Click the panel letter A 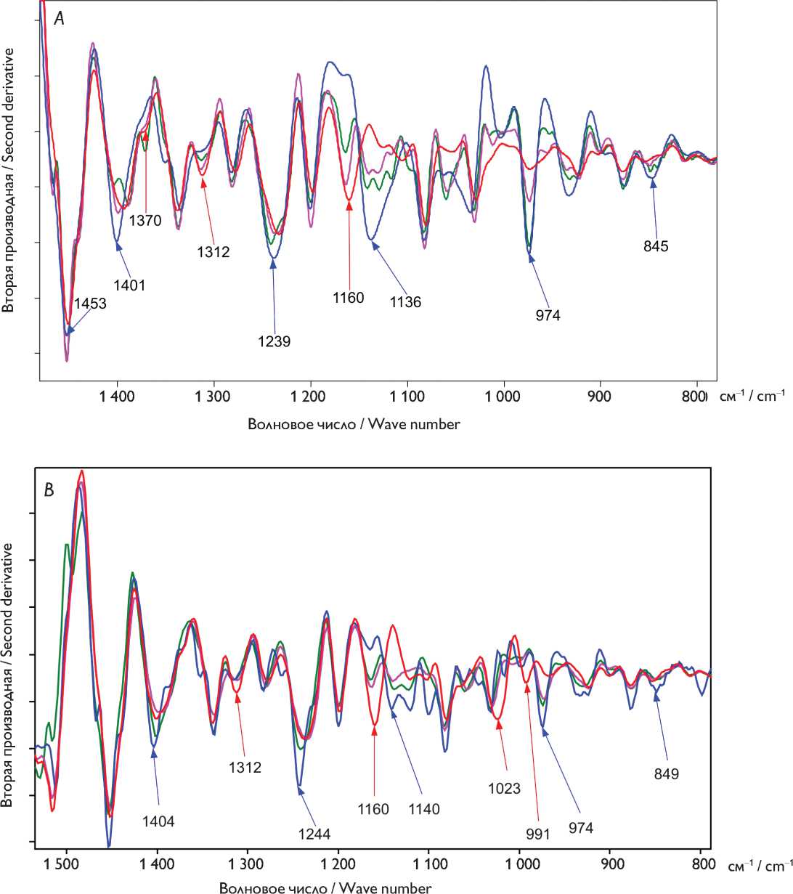tap(60, 20)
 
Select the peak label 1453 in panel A tap(90, 304)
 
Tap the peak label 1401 tap(128, 285)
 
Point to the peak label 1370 tap(145, 221)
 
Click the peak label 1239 tap(274, 341)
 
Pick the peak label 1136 tap(405, 302)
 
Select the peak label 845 tap(656, 245)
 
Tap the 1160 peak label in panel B tap(373, 809)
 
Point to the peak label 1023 tap(505, 787)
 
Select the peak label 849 tap(666, 774)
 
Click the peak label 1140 tap(424, 809)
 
